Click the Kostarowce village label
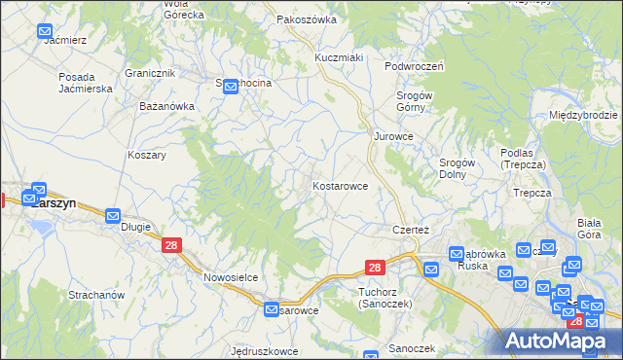pyautogui.click(x=340, y=185)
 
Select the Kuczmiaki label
pyautogui.click(x=338, y=57)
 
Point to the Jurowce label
pyautogui.click(x=394, y=137)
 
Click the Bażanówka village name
pyautogui.click(x=167, y=104)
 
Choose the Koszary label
pyautogui.click(x=147, y=155)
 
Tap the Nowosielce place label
pyautogui.click(x=231, y=276)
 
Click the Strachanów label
pyautogui.click(x=95, y=294)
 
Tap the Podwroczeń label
pyautogui.click(x=414, y=66)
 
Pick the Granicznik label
pyautogui.click(x=150, y=73)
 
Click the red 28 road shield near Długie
pyautogui.click(x=171, y=247)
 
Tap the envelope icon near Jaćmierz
pyautogui.click(x=45, y=32)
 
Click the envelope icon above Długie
pyautogui.click(x=113, y=216)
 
